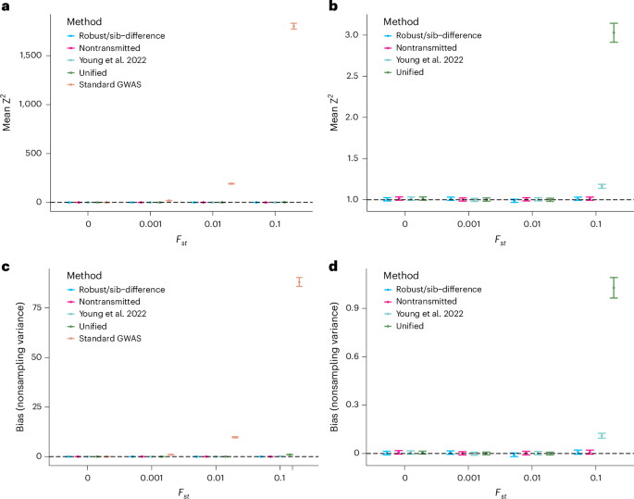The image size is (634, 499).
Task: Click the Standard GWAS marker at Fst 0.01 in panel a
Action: (231, 183)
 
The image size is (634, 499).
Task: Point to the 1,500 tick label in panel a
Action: (31, 56)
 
